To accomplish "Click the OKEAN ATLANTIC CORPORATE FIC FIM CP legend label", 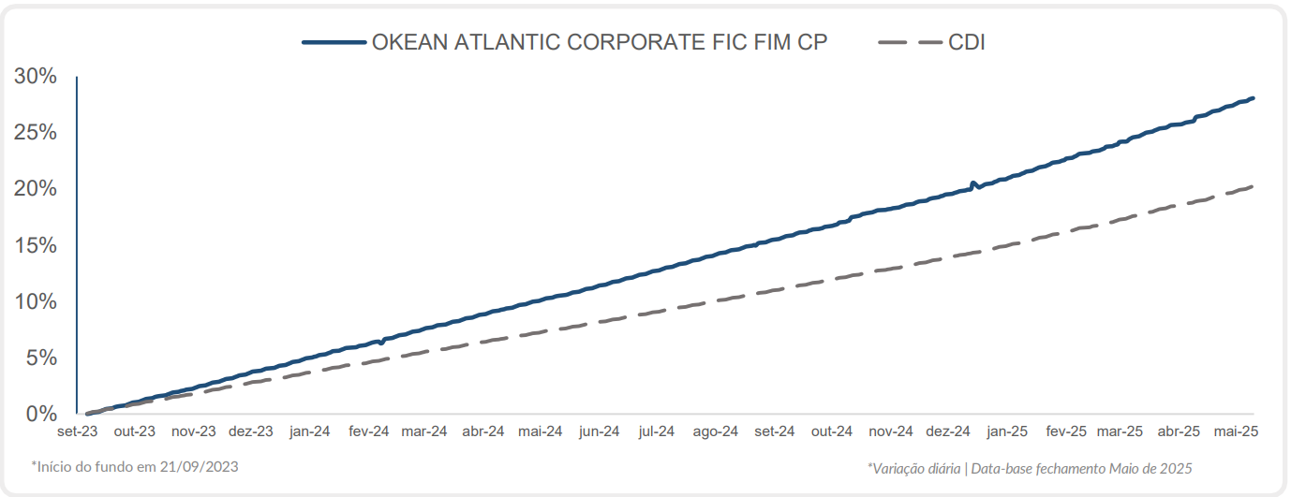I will click(x=600, y=42).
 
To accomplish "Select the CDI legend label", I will click(x=966, y=42).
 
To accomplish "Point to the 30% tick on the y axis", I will click(x=37, y=76).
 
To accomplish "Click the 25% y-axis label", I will click(x=37, y=132).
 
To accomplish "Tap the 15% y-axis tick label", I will click(x=37, y=245).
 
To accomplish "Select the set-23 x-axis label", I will click(x=77, y=431).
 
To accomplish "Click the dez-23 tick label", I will click(x=251, y=431).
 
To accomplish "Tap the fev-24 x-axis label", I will click(x=368, y=431).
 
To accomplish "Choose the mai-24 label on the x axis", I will click(x=541, y=431).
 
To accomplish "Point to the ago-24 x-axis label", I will click(x=716, y=431).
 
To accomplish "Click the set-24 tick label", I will click(x=774, y=431).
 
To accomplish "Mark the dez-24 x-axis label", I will click(x=948, y=431).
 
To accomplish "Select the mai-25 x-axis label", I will click(x=1237, y=431).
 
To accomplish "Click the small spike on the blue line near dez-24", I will click(x=972, y=183).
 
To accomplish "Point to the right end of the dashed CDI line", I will click(x=1253, y=186).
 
